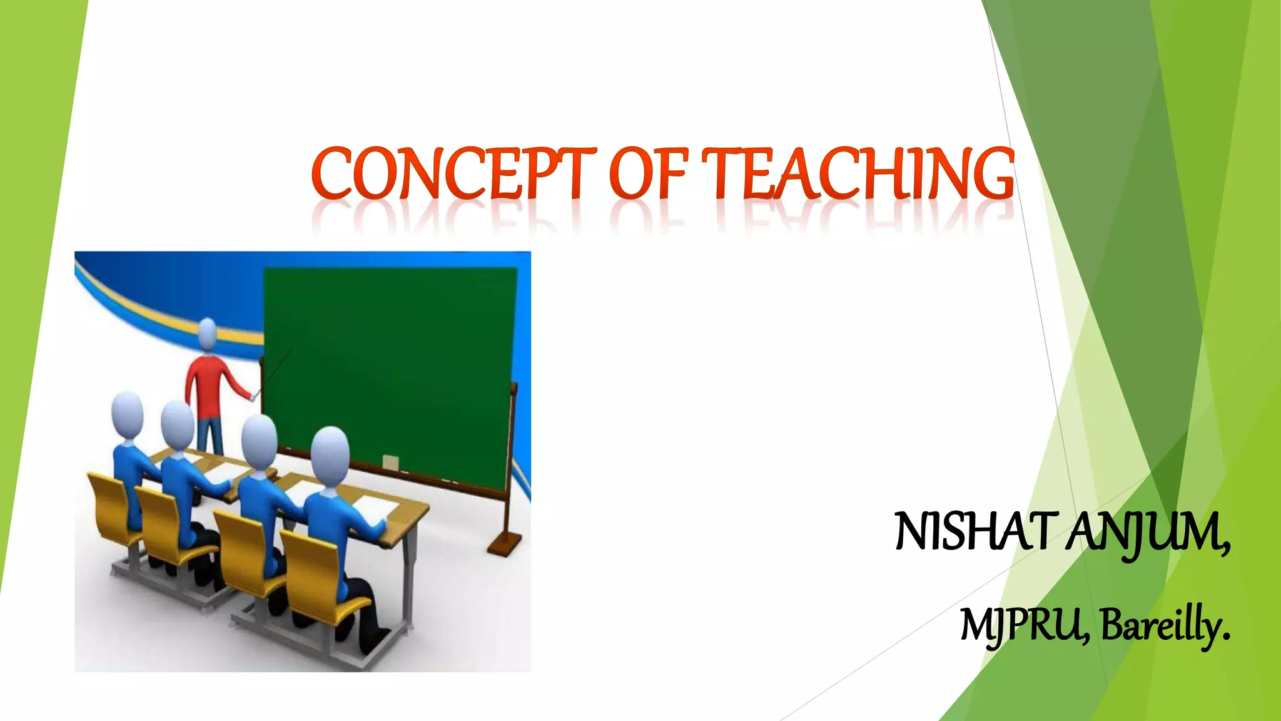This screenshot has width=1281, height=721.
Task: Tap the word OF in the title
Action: pyautogui.click(x=648, y=173)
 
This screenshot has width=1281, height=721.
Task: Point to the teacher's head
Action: pyautogui.click(x=208, y=333)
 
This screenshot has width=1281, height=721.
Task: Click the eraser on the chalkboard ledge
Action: pyautogui.click(x=390, y=463)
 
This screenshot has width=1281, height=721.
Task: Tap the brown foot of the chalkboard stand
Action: pyautogui.click(x=504, y=545)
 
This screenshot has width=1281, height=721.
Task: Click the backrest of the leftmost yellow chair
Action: pyautogui.click(x=109, y=501)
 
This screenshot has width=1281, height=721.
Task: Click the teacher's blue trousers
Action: pyautogui.click(x=210, y=434)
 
